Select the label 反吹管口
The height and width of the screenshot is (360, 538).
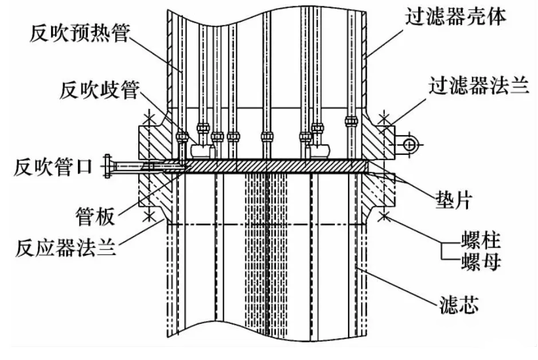[49, 167]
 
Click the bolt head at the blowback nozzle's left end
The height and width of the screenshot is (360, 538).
[109, 166]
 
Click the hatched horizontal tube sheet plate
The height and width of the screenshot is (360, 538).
[275, 165]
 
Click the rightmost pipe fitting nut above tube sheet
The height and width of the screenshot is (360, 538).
[352, 122]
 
